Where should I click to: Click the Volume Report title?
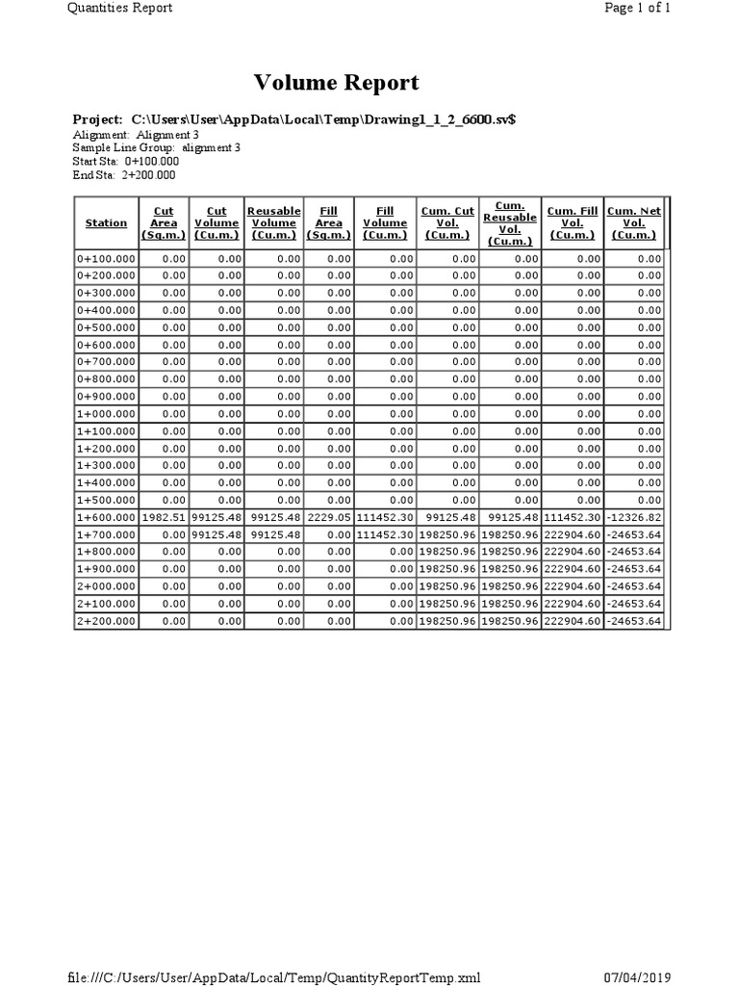(x=336, y=83)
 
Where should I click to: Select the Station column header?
(x=106, y=223)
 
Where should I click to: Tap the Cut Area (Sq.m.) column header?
(x=164, y=222)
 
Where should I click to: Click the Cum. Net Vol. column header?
(x=634, y=222)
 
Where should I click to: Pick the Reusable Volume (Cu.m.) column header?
(x=274, y=222)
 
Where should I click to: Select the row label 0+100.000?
(x=106, y=258)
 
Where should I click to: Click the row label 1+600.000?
(x=106, y=517)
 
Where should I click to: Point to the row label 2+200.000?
(x=106, y=621)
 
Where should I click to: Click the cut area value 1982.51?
(x=164, y=517)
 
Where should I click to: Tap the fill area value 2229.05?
(x=329, y=517)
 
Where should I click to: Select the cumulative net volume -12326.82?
(x=634, y=517)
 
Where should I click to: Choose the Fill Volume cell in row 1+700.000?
(x=385, y=534)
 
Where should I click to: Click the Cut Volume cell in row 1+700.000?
(x=217, y=534)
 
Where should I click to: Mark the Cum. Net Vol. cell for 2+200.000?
(x=634, y=621)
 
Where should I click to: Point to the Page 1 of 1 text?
(x=636, y=8)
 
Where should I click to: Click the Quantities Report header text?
(x=120, y=8)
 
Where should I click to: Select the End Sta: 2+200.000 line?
(x=124, y=175)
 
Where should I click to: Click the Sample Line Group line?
(x=156, y=148)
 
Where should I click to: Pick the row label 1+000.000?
(x=106, y=413)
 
